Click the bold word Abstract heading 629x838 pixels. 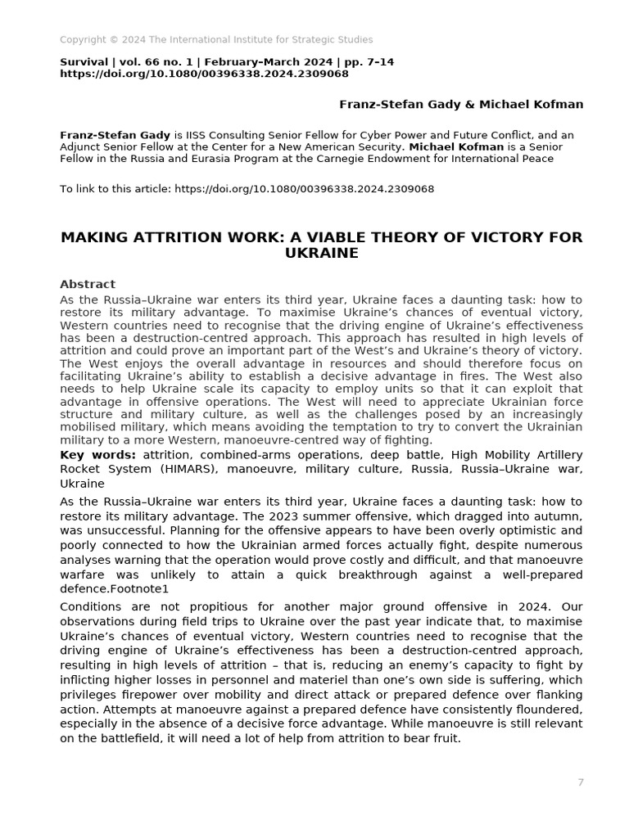click(x=88, y=284)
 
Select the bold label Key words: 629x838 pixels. click(x=97, y=454)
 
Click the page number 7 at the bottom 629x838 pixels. click(x=581, y=782)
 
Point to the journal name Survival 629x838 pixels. click(x=84, y=61)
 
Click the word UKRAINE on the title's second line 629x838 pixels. click(x=322, y=254)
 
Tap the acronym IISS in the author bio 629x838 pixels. click(x=209, y=134)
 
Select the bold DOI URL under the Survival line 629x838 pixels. click(x=204, y=74)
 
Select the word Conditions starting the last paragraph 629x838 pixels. click(x=90, y=606)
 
